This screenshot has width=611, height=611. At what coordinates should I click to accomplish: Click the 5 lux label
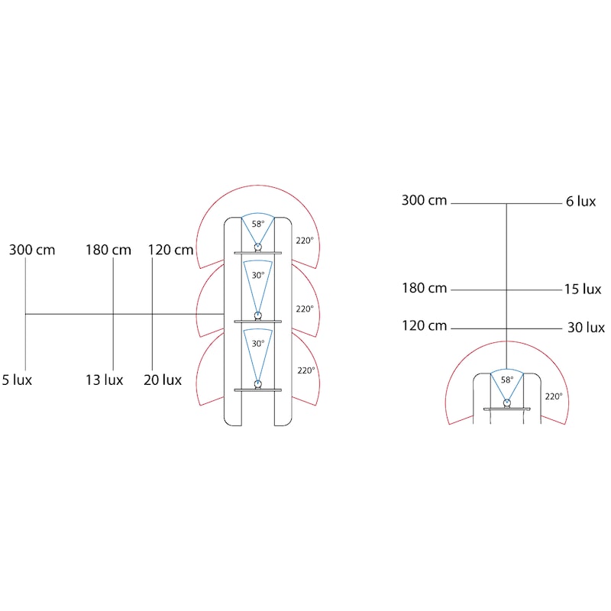click(17, 380)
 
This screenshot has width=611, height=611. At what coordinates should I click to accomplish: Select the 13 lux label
click(105, 380)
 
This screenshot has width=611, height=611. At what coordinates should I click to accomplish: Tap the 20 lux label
click(163, 380)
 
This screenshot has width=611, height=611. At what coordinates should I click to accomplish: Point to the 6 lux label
click(580, 201)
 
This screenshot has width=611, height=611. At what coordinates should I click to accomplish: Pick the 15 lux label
click(583, 289)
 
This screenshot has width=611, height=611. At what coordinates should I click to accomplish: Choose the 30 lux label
click(586, 327)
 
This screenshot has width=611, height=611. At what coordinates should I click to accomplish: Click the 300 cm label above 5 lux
click(32, 250)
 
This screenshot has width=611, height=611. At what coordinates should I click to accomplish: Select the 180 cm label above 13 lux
click(108, 250)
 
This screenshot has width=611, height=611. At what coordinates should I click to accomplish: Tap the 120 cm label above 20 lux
click(170, 250)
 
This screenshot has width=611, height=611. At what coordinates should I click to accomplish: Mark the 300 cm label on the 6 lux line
click(425, 200)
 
